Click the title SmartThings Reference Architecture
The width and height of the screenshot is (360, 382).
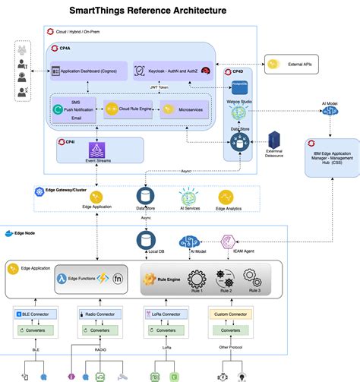coord(147,11)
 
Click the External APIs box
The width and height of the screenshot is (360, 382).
coord(290,65)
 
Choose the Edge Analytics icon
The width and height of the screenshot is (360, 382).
coord(225,197)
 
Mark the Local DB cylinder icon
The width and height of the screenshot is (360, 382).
coord(144,240)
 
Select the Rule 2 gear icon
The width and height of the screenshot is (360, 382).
coord(224,276)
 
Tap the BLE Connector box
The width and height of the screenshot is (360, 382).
coord(31,313)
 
